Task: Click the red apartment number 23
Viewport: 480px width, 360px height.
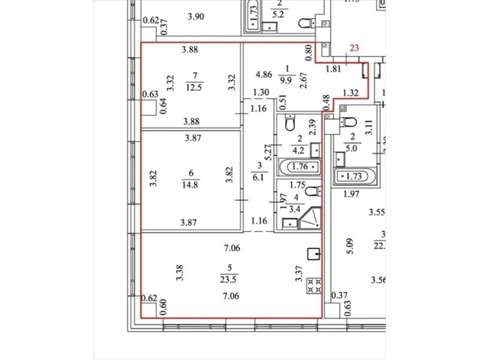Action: coord(354,48)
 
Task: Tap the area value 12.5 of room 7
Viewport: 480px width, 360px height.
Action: coord(194,88)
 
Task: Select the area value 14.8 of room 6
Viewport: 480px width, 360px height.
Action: coord(190,185)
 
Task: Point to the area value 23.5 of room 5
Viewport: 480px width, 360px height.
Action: coord(229,280)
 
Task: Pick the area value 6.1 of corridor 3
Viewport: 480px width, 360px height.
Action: coord(259,177)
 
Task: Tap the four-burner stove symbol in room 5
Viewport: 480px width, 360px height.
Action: coord(314,286)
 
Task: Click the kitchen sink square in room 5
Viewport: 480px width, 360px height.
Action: coord(313,254)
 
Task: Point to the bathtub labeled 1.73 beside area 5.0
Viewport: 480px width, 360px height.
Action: coord(355,176)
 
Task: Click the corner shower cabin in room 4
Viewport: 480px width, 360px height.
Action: coord(310,218)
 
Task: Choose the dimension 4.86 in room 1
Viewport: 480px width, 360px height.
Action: coord(264,74)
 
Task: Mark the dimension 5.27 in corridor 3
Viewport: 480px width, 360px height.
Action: coord(269,152)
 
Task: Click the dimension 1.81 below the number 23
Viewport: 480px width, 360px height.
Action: coord(334,69)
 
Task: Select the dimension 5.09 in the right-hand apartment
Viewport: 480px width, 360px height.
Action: coord(350,246)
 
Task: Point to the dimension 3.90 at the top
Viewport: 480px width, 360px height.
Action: coord(196,16)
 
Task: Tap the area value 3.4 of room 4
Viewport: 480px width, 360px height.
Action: coord(295,209)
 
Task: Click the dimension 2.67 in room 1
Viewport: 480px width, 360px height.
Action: coord(304,80)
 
